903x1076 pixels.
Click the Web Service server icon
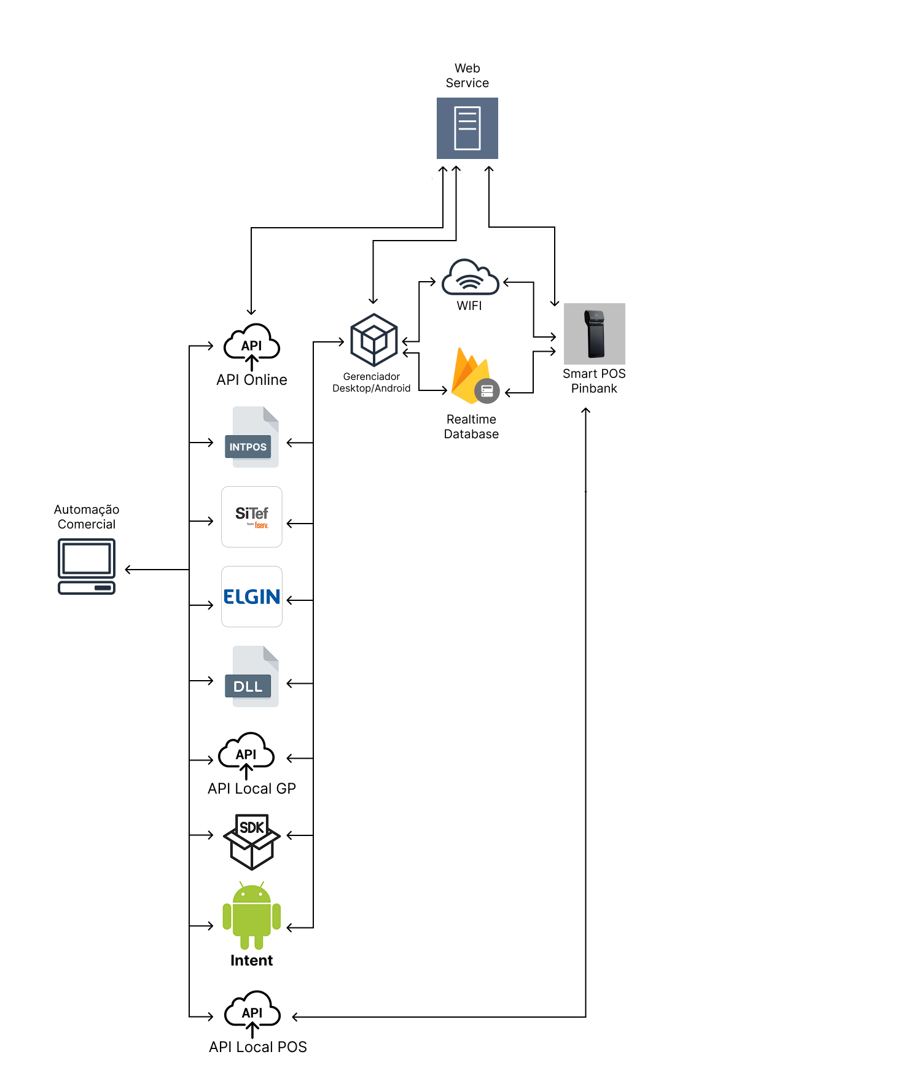(467, 128)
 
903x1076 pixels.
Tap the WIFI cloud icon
(471, 277)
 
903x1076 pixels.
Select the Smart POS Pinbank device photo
(594, 334)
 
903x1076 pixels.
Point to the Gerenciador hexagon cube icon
(374, 340)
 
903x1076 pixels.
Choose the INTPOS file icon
(252, 437)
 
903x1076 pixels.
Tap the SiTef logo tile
(252, 517)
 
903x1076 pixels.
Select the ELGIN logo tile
(252, 597)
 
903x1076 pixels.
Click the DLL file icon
(252, 676)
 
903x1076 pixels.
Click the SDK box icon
(252, 842)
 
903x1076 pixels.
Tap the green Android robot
(252, 915)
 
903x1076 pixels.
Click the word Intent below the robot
(252, 961)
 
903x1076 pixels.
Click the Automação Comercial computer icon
(87, 567)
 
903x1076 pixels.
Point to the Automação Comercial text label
(87, 517)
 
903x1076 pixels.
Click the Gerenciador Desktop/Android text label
(372, 382)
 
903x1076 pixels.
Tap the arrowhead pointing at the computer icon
(128, 570)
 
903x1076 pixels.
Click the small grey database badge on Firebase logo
(487, 391)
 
